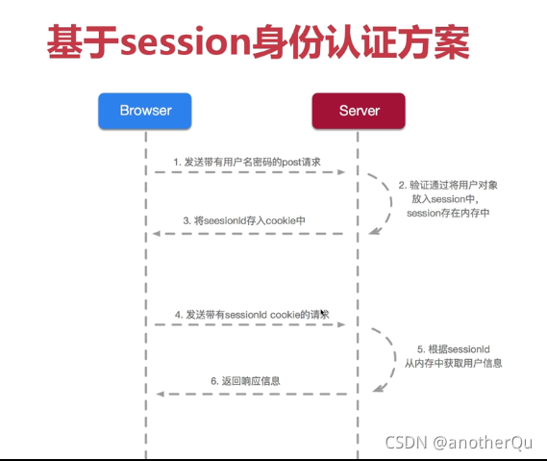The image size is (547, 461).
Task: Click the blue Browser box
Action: [145, 111]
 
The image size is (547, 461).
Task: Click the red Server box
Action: [358, 111]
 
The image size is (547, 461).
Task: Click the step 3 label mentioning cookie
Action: [244, 220]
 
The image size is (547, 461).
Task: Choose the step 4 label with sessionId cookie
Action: [252, 314]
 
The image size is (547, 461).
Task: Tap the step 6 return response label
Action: [245, 381]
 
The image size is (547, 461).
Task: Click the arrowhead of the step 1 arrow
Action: [340, 172]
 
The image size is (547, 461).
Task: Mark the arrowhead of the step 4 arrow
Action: [340, 325]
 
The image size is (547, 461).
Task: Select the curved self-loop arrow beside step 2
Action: [387, 202]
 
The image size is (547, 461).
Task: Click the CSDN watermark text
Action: [406, 444]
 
